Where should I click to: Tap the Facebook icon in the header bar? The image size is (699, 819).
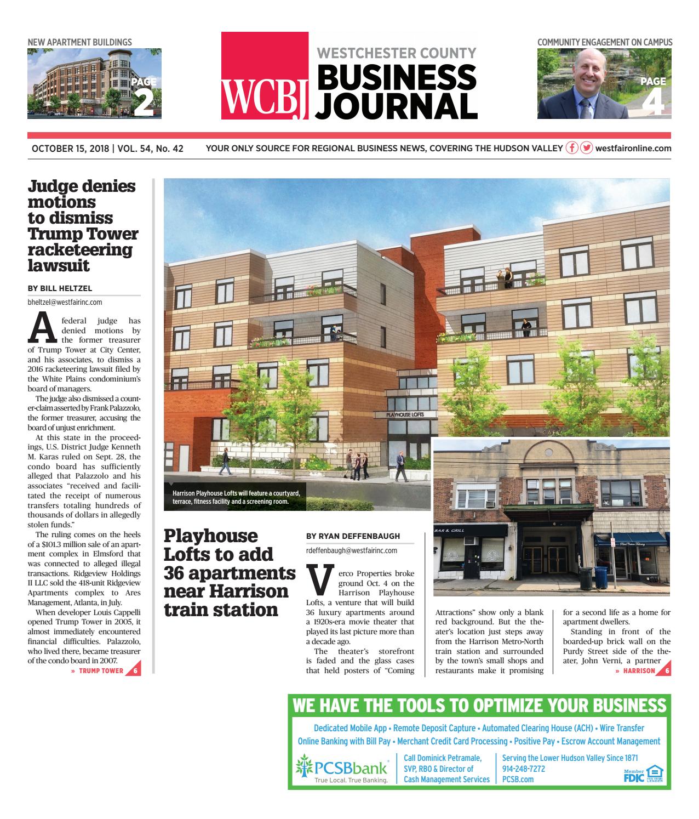572,148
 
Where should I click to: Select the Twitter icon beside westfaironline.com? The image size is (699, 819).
586,148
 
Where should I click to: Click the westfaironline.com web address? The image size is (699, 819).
633,149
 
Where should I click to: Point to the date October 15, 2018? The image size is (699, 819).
70,149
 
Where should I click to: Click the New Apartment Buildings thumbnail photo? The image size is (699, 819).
94,83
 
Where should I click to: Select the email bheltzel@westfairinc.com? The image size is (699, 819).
65,302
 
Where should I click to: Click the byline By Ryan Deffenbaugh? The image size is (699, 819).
345,536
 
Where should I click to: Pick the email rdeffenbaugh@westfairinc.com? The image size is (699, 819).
351,550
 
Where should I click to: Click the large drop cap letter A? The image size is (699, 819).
41,328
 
